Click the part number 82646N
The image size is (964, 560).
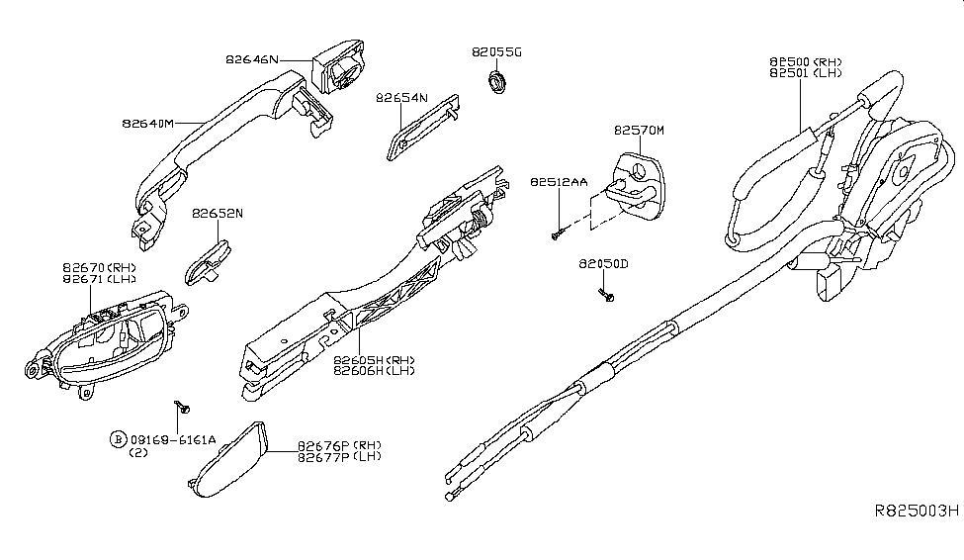point(252,59)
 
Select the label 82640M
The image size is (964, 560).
point(148,123)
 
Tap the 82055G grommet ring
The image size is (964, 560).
point(496,82)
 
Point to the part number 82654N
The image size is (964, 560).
point(401,98)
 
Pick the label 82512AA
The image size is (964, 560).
point(559,182)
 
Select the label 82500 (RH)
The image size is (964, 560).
point(806,61)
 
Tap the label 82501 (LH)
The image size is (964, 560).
point(806,72)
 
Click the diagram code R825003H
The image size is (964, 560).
point(917,511)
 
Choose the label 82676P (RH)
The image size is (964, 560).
point(339,445)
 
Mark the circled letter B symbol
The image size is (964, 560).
point(118,439)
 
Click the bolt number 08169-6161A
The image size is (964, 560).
point(173,440)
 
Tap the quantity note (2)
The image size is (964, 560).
point(137,452)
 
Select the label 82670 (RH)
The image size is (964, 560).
point(99,268)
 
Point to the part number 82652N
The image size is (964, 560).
point(217,214)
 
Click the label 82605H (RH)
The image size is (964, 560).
point(374,360)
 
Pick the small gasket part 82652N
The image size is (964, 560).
point(208,263)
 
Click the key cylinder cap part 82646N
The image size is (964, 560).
point(338,67)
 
